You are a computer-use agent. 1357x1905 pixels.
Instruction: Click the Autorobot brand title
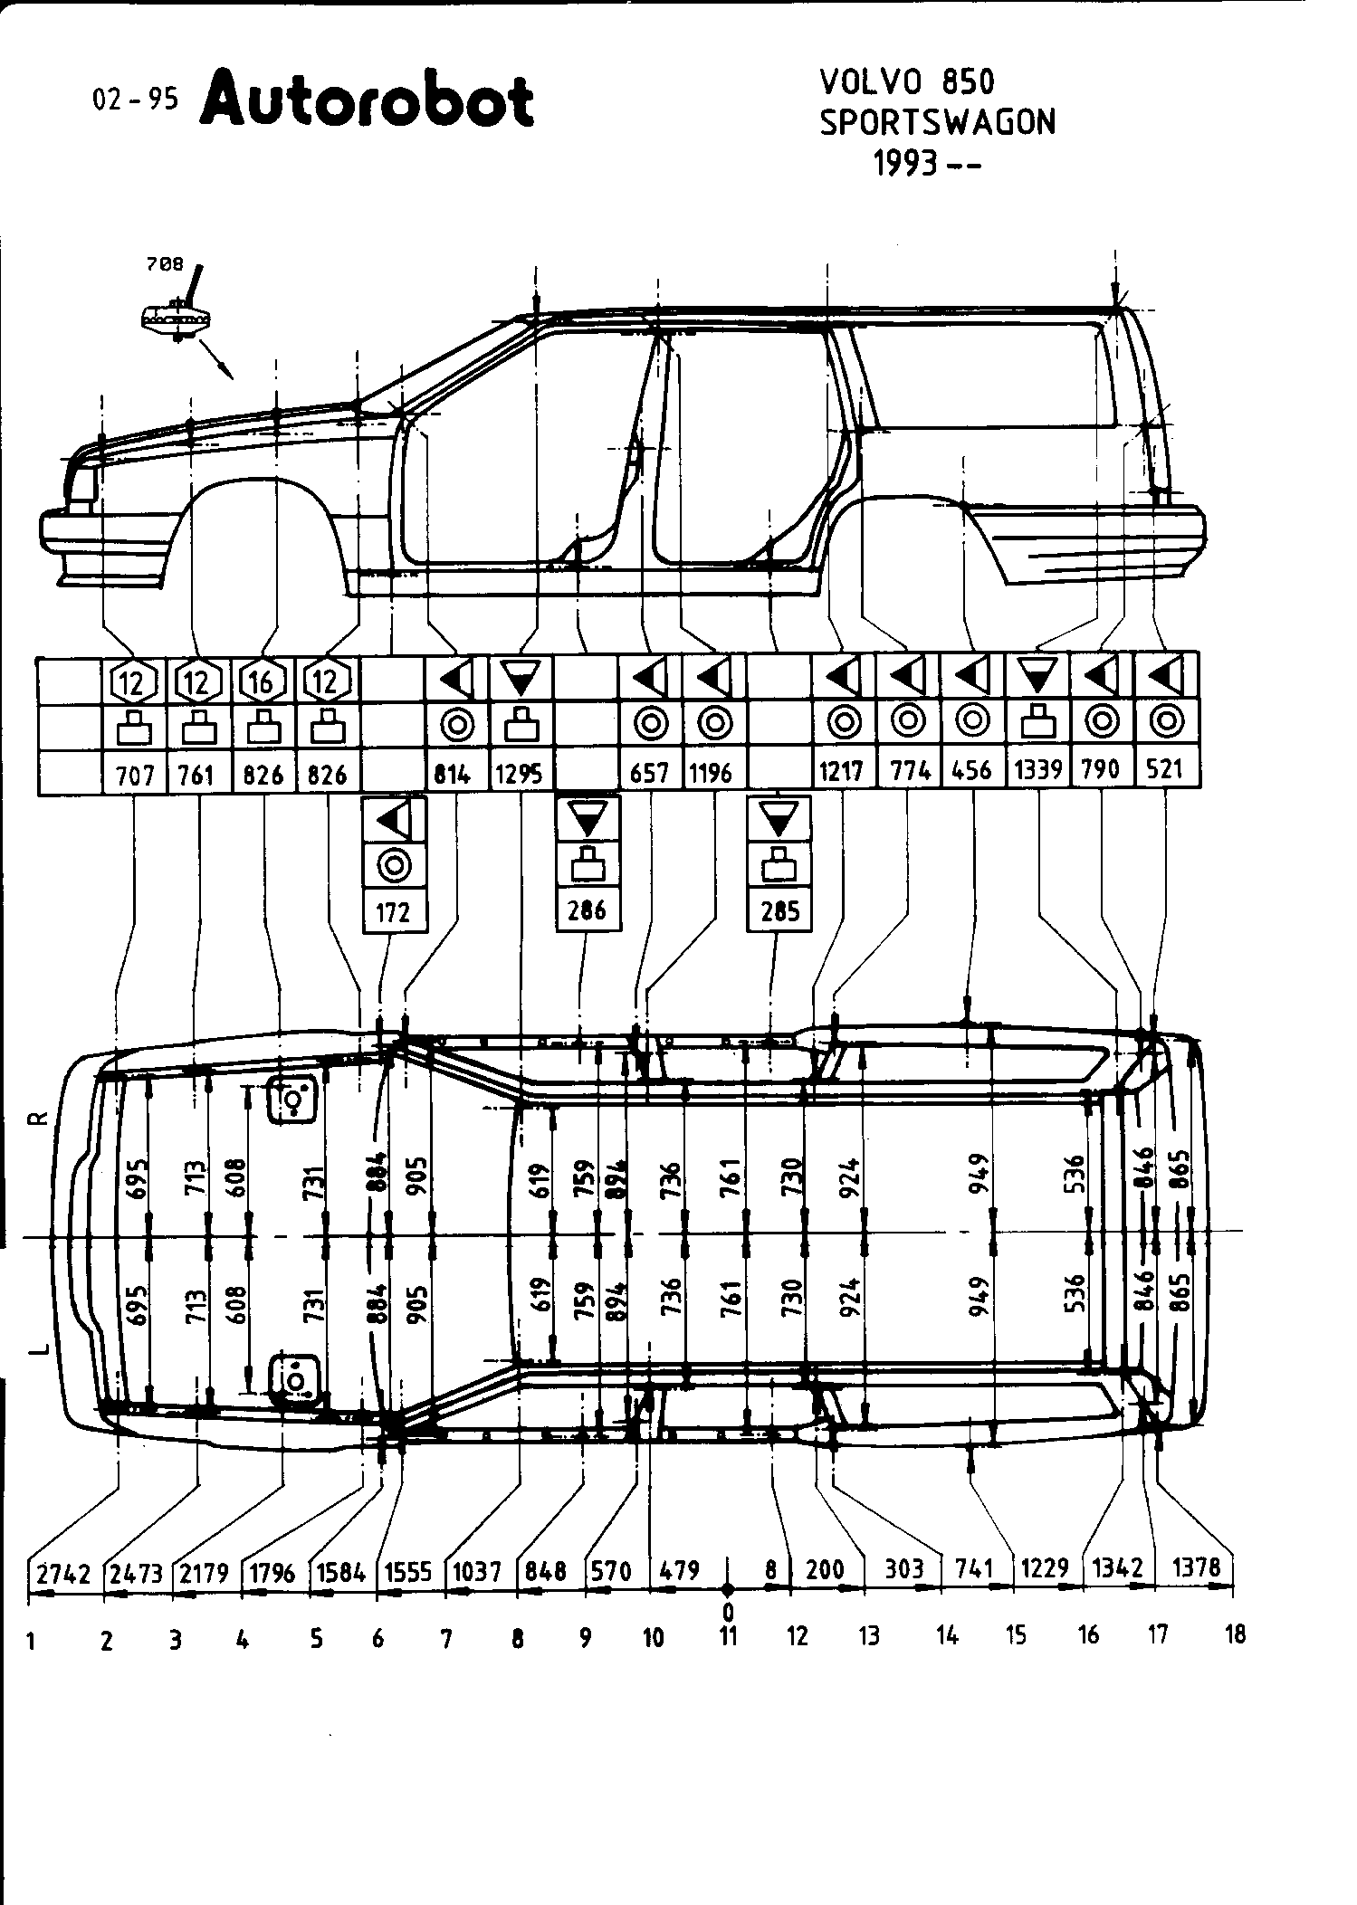(x=367, y=101)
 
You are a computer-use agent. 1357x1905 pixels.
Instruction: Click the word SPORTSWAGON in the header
(x=937, y=122)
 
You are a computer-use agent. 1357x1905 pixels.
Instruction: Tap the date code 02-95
(x=136, y=100)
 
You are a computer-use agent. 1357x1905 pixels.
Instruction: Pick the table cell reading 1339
(x=1037, y=770)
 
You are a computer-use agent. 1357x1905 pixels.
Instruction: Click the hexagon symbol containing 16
(x=263, y=681)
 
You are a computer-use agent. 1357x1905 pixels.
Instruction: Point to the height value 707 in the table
(x=135, y=775)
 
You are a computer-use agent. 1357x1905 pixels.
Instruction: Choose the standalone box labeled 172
(x=394, y=911)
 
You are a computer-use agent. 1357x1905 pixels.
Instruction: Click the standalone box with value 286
(x=588, y=910)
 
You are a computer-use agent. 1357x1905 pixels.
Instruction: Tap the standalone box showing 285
(x=779, y=910)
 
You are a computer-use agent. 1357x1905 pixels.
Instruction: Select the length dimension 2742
(x=64, y=1573)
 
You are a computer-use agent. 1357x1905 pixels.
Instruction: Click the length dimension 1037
(x=477, y=1571)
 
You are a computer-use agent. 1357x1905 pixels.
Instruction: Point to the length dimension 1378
(x=1196, y=1567)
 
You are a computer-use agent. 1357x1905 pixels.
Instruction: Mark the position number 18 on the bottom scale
(x=1234, y=1634)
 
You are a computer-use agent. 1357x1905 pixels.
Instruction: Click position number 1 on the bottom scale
(x=31, y=1641)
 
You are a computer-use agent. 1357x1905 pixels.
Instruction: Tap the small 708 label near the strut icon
(x=165, y=265)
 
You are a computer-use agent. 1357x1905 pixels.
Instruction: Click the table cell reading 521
(x=1165, y=769)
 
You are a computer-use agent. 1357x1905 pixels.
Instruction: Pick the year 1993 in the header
(x=905, y=164)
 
